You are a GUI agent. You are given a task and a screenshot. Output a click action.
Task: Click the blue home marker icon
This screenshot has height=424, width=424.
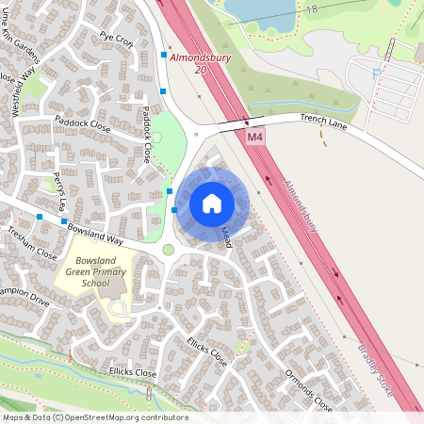212,204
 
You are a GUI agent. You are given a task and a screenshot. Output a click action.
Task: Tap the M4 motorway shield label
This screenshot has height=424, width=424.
255,138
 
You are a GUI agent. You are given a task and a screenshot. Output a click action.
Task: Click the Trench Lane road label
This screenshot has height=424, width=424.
324,120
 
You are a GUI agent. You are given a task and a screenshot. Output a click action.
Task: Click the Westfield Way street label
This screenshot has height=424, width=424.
24,90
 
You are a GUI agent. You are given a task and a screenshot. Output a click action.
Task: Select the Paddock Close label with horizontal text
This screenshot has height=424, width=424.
83,123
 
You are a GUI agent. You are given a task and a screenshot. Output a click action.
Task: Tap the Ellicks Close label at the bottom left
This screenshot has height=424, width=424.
132,373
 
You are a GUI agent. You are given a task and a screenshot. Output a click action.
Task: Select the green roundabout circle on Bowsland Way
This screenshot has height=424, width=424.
169,250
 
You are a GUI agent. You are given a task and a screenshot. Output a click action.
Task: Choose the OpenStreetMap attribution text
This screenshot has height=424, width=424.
94,416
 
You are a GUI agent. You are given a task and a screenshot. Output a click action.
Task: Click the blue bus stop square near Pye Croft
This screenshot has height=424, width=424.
164,56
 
